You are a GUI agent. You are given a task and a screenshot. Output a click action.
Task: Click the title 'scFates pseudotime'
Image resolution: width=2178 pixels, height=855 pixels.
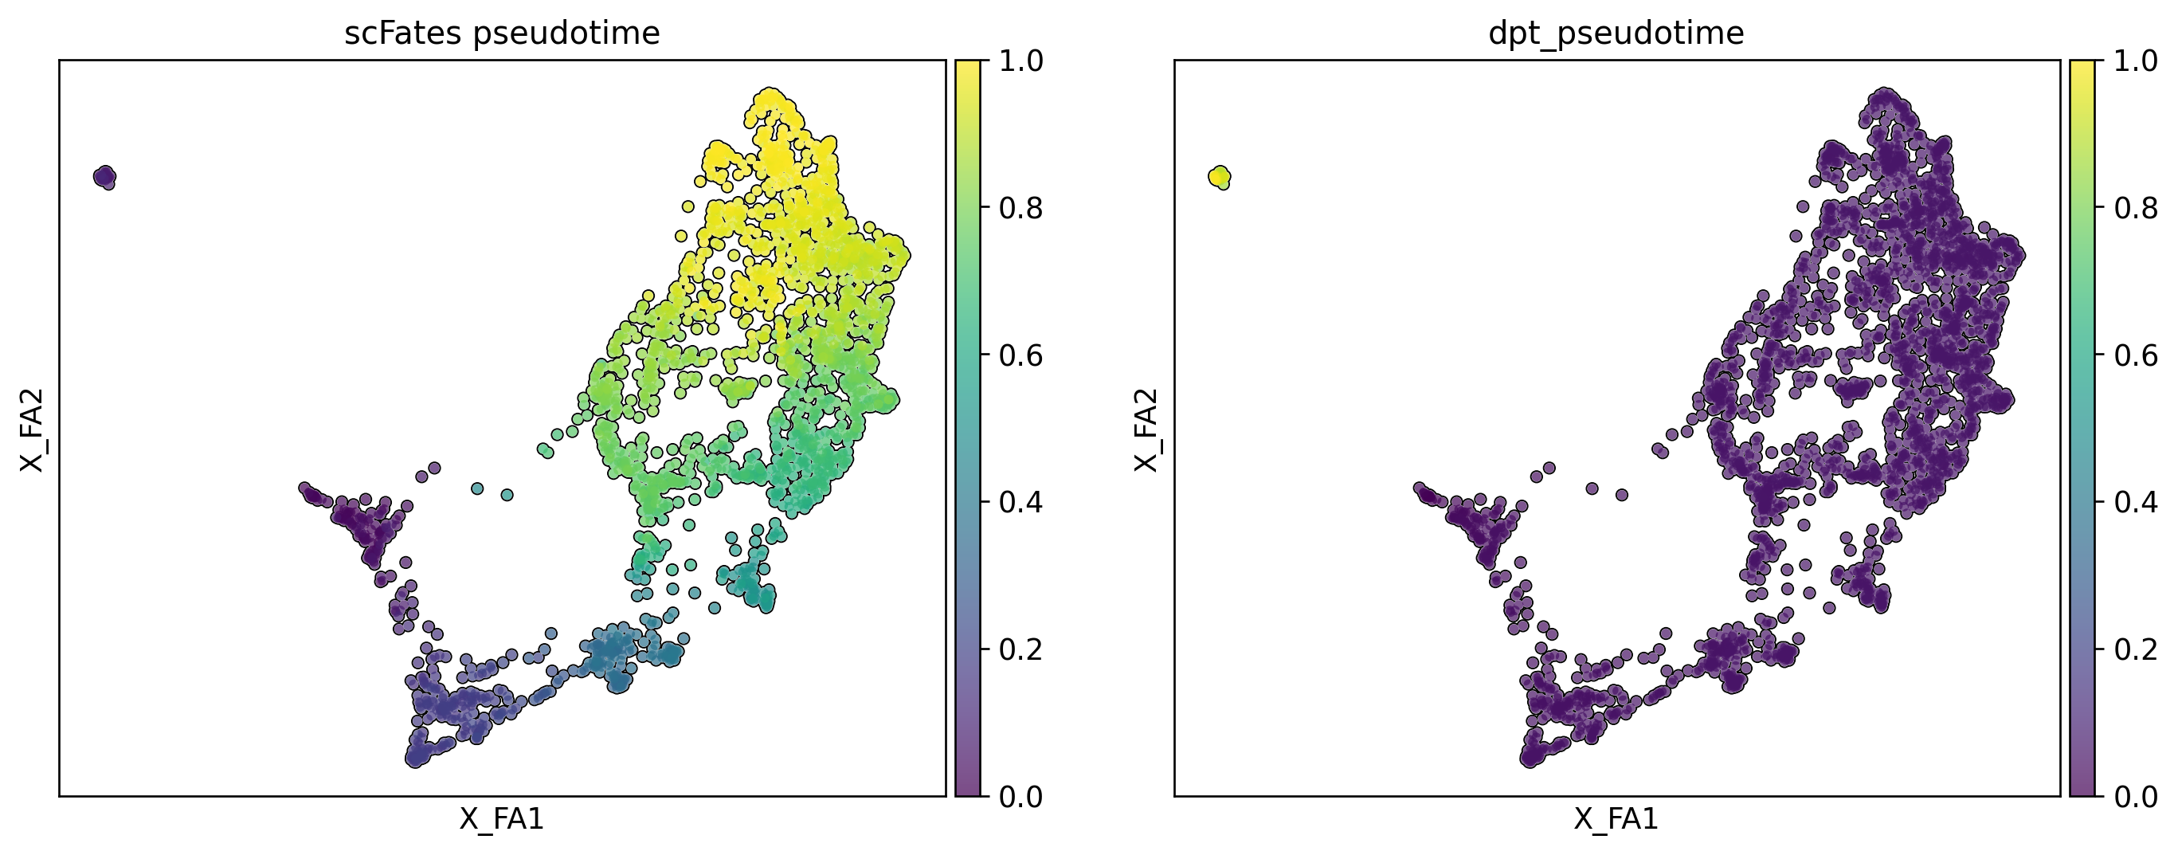coord(501,33)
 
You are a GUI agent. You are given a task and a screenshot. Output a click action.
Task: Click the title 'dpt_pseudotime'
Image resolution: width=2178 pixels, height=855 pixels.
coord(1616,33)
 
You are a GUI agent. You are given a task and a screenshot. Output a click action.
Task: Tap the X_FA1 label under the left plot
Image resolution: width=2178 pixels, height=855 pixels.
coord(501,819)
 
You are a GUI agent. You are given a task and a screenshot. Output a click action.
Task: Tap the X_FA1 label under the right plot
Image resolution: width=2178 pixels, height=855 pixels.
coord(1616,819)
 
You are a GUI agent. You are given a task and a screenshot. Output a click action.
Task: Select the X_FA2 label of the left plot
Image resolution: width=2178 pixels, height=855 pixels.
coord(32,429)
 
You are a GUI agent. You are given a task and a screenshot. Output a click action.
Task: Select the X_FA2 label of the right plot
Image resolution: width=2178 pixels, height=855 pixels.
coord(1146,429)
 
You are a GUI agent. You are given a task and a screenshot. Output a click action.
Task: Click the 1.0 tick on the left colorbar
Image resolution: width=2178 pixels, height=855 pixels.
coord(1020,61)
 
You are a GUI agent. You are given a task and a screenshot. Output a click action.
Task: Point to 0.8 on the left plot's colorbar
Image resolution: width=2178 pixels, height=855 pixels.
coord(1020,208)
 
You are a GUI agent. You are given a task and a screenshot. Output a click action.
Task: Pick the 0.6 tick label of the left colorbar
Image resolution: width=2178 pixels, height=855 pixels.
coord(1020,355)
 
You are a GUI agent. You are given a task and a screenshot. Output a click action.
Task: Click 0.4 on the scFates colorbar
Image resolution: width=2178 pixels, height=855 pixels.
coord(1020,502)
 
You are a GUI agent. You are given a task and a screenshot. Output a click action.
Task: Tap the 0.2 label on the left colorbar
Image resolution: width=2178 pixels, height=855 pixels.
coord(1020,649)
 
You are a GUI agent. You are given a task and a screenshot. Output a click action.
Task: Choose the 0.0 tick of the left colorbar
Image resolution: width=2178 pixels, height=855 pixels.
coord(1020,797)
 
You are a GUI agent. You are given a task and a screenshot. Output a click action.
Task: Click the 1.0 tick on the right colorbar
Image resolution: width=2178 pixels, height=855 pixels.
coord(2136,61)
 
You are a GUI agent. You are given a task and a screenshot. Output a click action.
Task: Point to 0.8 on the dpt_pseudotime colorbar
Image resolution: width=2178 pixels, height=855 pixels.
coord(2136,208)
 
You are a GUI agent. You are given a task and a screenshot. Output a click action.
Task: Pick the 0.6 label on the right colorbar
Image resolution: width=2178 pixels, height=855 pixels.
coord(2136,355)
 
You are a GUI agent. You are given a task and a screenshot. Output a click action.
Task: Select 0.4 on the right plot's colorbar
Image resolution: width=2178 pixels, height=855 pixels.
coord(2136,502)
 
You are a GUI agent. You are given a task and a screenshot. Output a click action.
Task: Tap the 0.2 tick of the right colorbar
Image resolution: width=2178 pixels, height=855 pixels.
coord(2136,649)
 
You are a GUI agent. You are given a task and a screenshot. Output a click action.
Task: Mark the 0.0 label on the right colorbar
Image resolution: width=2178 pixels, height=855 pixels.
coord(2136,797)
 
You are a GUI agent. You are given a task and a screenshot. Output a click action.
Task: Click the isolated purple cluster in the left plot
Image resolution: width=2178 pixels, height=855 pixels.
coord(105,177)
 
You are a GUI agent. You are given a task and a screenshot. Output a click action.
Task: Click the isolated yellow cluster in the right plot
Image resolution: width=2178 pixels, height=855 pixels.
coord(1219,177)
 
